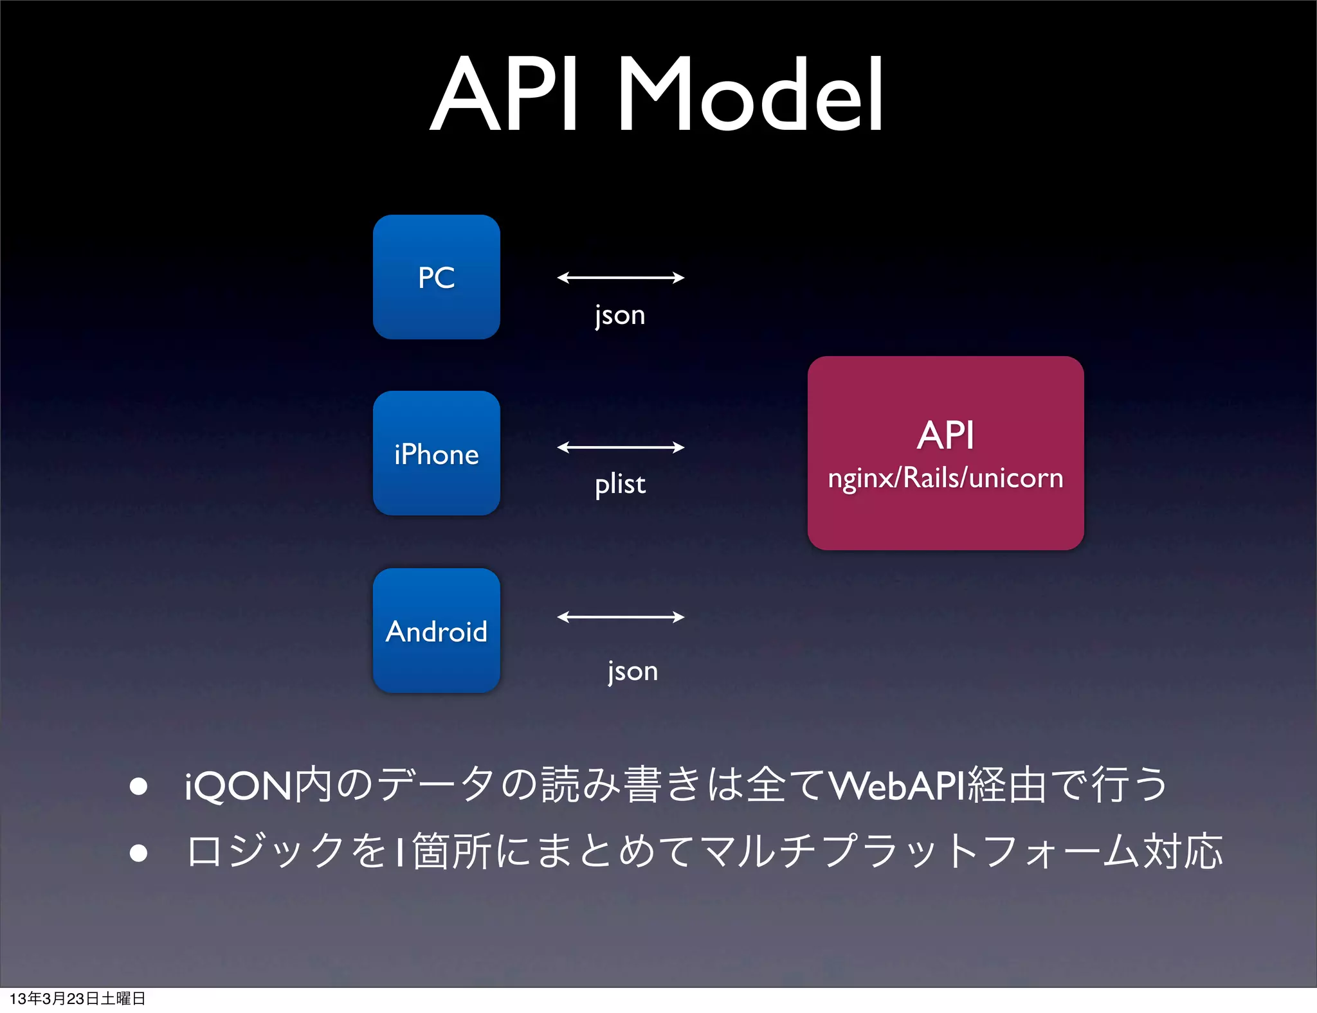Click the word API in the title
pos(505,95)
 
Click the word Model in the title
pos(750,95)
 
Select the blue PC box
pos(436,277)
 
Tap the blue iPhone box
pos(436,453)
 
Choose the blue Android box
pos(436,631)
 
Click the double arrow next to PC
pos(621,278)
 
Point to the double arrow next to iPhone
pos(621,447)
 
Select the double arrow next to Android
pos(621,617)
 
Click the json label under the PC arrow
pos(620,315)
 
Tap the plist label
pos(620,484)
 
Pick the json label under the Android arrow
pos(633,671)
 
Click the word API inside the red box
pos(945,435)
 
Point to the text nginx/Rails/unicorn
pos(945,478)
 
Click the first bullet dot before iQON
pos(138,786)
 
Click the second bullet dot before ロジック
pos(138,852)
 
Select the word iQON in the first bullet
pos(238,786)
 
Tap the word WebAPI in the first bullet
pos(897,785)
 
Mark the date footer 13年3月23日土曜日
pos(77,998)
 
